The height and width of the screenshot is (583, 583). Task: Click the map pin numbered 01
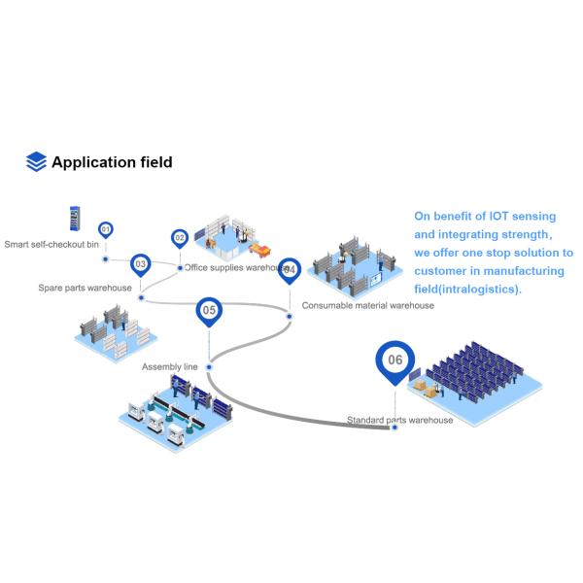pyautogui.click(x=106, y=230)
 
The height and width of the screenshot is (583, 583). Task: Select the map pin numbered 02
pyautogui.click(x=180, y=237)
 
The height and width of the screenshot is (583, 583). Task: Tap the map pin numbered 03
pyautogui.click(x=141, y=263)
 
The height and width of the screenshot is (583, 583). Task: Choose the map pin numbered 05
pyautogui.click(x=208, y=311)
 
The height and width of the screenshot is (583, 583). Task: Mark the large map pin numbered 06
pyautogui.click(x=394, y=360)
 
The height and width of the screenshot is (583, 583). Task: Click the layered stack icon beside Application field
pyautogui.click(x=36, y=162)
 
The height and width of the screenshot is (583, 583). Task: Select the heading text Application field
pyautogui.click(x=112, y=162)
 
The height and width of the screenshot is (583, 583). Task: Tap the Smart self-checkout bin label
pyautogui.click(x=51, y=245)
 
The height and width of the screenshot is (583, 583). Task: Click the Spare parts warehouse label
pyautogui.click(x=85, y=288)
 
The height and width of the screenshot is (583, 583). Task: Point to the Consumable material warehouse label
pyautogui.click(x=367, y=305)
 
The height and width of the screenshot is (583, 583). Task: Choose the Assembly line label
pyautogui.click(x=170, y=366)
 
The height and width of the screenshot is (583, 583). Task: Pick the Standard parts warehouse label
pyautogui.click(x=399, y=420)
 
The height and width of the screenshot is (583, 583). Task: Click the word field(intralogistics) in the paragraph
pyautogui.click(x=467, y=289)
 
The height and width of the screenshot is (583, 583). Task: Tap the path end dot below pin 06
pyautogui.click(x=394, y=428)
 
